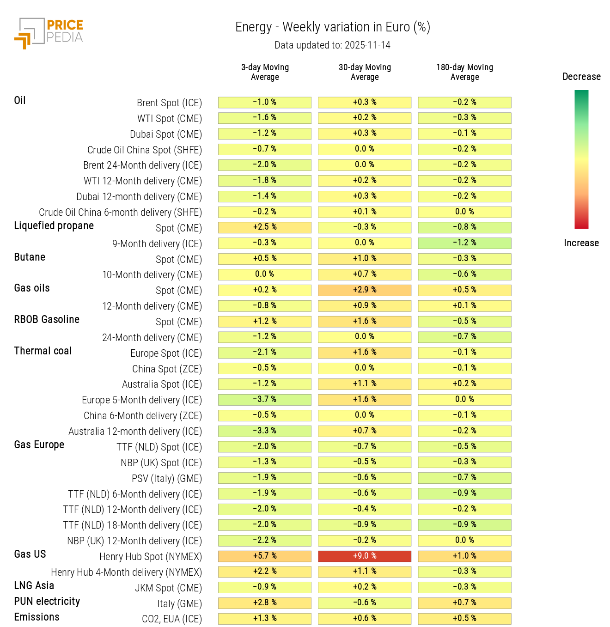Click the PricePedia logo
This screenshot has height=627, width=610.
tap(49, 33)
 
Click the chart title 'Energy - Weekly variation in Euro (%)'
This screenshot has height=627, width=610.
tap(333, 27)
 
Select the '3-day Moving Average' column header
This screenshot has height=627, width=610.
tap(265, 72)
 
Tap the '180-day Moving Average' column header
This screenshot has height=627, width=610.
tap(464, 72)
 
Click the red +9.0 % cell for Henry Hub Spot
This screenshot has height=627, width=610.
tap(365, 556)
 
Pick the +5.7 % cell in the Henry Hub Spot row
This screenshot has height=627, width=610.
tap(265, 556)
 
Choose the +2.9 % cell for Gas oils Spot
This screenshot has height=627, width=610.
tap(365, 290)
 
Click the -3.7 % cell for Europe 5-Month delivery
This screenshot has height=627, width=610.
tap(265, 399)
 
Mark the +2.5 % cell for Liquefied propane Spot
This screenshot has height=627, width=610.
tap(265, 227)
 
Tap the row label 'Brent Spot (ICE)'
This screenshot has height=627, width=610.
tap(169, 103)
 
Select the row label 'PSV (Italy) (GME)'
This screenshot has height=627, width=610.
tap(167, 478)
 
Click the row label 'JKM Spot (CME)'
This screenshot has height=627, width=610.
tap(168, 588)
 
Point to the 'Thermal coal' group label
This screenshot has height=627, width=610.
tap(43, 351)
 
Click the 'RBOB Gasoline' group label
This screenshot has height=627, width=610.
tap(47, 319)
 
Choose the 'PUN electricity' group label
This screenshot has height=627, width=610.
tap(47, 601)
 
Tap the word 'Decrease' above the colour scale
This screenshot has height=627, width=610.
tap(581, 77)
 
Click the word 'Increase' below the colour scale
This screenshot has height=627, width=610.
tap(581, 243)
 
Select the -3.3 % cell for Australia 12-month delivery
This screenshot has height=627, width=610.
tap(265, 431)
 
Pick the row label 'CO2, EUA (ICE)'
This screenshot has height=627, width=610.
tap(172, 619)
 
